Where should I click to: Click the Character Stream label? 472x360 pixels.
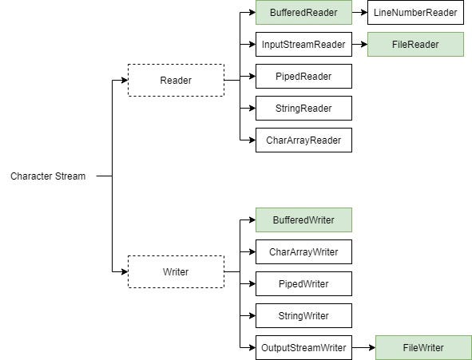click(x=48, y=176)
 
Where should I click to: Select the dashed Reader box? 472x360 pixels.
click(x=176, y=80)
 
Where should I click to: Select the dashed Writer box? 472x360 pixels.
click(x=176, y=271)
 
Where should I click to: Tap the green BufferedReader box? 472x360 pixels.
click(x=303, y=13)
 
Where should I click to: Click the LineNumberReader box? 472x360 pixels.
click(x=415, y=13)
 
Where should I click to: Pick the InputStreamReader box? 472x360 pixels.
click(x=303, y=45)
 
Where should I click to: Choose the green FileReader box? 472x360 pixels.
click(x=415, y=45)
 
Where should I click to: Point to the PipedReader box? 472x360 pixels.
click(x=303, y=77)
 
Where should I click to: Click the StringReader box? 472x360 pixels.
click(x=303, y=109)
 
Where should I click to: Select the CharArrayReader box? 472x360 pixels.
click(x=303, y=140)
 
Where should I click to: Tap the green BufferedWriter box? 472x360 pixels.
click(x=303, y=220)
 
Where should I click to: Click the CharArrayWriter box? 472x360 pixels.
click(x=303, y=252)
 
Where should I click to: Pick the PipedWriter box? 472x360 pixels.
click(x=303, y=284)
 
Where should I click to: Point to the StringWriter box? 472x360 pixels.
click(x=303, y=316)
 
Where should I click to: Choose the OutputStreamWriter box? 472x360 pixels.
click(x=303, y=348)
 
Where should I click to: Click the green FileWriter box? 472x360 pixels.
click(x=423, y=348)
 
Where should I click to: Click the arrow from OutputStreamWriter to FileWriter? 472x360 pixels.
click(x=363, y=348)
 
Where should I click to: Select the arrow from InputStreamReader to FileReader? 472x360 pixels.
click(x=359, y=45)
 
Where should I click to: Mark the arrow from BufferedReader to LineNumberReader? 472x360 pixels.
click(x=359, y=13)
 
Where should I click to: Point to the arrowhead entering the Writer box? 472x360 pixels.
click(x=124, y=271)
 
